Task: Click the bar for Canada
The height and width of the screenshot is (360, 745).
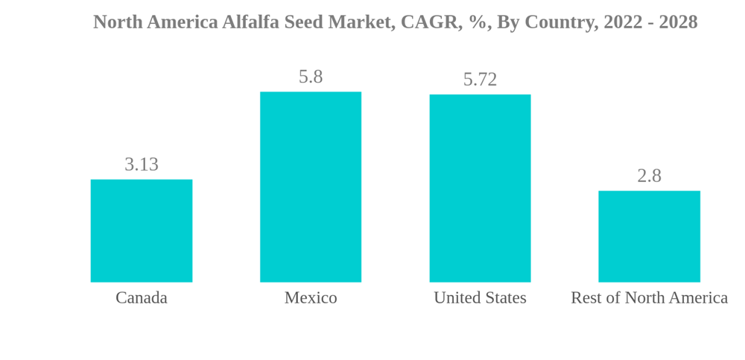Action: pyautogui.click(x=142, y=231)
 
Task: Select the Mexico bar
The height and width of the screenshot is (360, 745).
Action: pyautogui.click(x=311, y=187)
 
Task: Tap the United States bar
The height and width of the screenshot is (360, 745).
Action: pyautogui.click(x=480, y=189)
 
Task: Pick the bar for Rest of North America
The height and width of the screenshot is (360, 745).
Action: pyautogui.click(x=649, y=236)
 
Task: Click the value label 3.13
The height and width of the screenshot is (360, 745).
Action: pyautogui.click(x=142, y=165)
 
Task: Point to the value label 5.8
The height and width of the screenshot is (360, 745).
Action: pyautogui.click(x=311, y=77)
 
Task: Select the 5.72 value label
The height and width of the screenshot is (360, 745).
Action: pyautogui.click(x=480, y=80)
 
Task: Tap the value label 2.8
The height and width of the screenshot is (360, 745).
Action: pyautogui.click(x=649, y=176)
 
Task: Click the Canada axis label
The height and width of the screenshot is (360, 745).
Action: pyautogui.click(x=142, y=298)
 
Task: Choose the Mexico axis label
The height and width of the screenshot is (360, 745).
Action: pyautogui.click(x=311, y=298)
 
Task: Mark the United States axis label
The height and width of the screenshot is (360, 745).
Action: pyautogui.click(x=480, y=298)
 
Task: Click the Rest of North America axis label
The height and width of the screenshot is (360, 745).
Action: pyautogui.click(x=649, y=298)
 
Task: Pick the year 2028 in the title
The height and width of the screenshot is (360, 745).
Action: pyautogui.click(x=678, y=22)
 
